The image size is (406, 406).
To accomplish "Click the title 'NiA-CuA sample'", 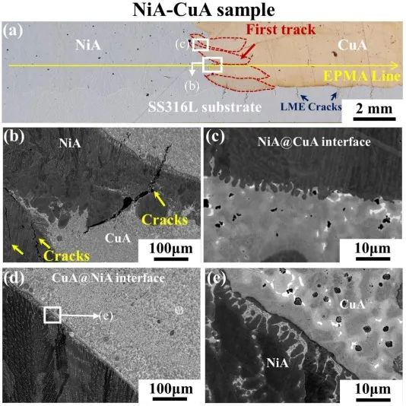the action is (203, 11).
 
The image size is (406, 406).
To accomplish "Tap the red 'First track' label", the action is (281, 30).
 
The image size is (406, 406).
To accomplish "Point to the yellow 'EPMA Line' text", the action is (362, 77).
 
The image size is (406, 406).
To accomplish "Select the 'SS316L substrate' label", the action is (205, 106).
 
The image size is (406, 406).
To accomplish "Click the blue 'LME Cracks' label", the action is (311, 106).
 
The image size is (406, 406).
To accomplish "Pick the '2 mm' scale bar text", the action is (374, 108).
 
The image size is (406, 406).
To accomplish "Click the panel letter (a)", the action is (13, 31).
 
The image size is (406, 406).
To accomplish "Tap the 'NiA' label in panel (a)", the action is (87, 46).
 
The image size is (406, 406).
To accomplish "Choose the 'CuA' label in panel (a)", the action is (352, 45).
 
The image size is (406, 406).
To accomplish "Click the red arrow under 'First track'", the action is (248, 51).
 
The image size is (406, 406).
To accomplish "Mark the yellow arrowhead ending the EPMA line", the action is (395, 65).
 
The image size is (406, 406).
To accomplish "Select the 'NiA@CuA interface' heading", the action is (314, 142).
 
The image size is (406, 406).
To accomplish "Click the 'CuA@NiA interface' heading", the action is (108, 278).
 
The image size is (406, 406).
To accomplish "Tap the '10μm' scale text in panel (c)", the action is (373, 249).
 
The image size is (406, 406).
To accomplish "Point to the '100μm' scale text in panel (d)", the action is (171, 389).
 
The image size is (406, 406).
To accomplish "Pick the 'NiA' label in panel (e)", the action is (278, 363).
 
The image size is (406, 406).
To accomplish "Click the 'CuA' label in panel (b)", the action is (118, 238).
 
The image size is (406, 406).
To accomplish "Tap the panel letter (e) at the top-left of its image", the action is (217, 278).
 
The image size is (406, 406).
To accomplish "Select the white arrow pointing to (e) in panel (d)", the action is (80, 316).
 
